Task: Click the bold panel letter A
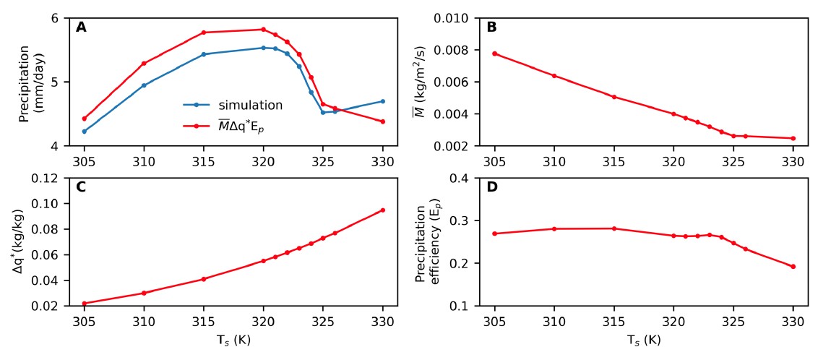pyautogui.click(x=81, y=27)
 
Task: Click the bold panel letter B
pyautogui.click(x=491, y=27)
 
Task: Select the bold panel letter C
pyautogui.click(x=81, y=187)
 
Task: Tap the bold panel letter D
pyautogui.click(x=491, y=187)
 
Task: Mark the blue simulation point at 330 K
pyautogui.click(x=383, y=101)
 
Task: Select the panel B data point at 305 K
pyautogui.click(x=494, y=53)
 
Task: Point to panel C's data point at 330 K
pyautogui.click(x=383, y=210)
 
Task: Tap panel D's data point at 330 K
pyautogui.click(x=793, y=267)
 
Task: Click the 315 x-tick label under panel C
pyautogui.click(x=204, y=320)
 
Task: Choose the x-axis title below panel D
pyautogui.click(x=644, y=339)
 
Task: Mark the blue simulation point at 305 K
pyautogui.click(x=85, y=132)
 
